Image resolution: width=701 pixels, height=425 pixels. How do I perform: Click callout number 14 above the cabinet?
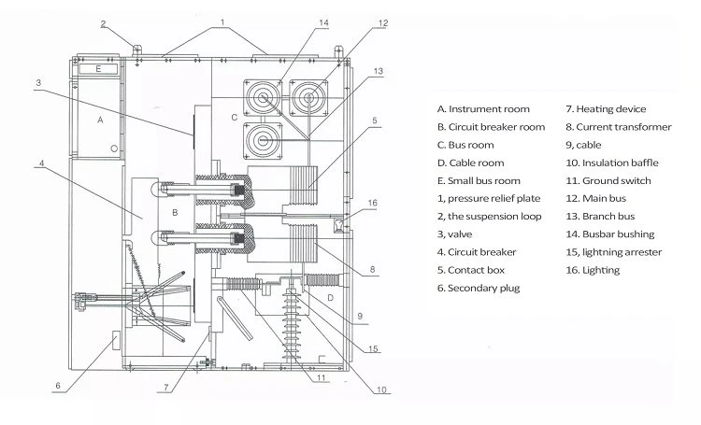[x=323, y=22]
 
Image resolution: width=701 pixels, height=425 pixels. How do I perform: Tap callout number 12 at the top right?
[x=383, y=23]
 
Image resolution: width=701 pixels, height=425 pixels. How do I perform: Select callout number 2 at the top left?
[x=103, y=23]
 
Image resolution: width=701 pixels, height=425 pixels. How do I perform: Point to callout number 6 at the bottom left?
[x=58, y=386]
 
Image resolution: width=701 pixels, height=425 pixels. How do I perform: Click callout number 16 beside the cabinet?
[x=372, y=203]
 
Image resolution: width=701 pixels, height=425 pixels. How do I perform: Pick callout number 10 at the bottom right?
[x=381, y=390]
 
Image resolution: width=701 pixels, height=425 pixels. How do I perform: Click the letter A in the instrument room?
[x=100, y=120]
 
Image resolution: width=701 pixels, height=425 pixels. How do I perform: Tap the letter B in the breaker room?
[x=175, y=213]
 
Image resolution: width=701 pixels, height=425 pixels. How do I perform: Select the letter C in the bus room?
[x=235, y=118]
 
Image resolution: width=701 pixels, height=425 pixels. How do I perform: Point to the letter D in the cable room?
[x=330, y=298]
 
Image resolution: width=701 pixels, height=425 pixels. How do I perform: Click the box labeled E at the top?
[x=98, y=69]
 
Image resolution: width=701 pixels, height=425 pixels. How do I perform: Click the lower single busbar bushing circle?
[x=263, y=141]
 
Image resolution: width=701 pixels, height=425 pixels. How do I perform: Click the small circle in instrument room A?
[x=114, y=149]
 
